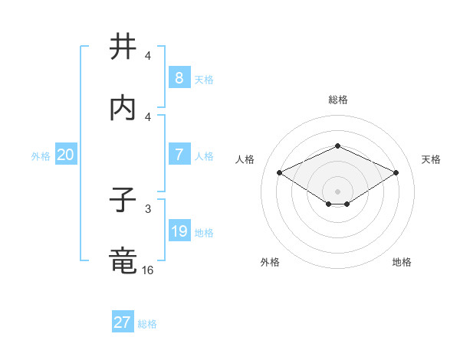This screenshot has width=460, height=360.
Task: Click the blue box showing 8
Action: click(x=179, y=78)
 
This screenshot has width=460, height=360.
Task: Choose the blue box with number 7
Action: click(x=179, y=155)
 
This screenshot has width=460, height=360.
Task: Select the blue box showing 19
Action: click(x=179, y=231)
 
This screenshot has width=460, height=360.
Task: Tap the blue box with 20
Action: click(x=65, y=155)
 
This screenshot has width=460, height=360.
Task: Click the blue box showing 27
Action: click(x=122, y=322)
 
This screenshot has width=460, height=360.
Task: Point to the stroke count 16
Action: click(x=147, y=270)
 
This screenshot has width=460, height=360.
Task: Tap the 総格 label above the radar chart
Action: click(x=337, y=100)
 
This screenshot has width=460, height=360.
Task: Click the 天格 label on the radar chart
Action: click(x=431, y=159)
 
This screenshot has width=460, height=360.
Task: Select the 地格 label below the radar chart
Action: click(x=402, y=262)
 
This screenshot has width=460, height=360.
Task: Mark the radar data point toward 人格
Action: click(x=279, y=172)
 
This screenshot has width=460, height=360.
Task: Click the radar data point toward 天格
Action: click(x=396, y=172)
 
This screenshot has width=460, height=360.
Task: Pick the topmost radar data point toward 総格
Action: click(x=337, y=146)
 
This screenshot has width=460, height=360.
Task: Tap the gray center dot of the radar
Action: click(x=337, y=191)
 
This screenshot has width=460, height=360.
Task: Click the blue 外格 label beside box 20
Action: click(x=41, y=155)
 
